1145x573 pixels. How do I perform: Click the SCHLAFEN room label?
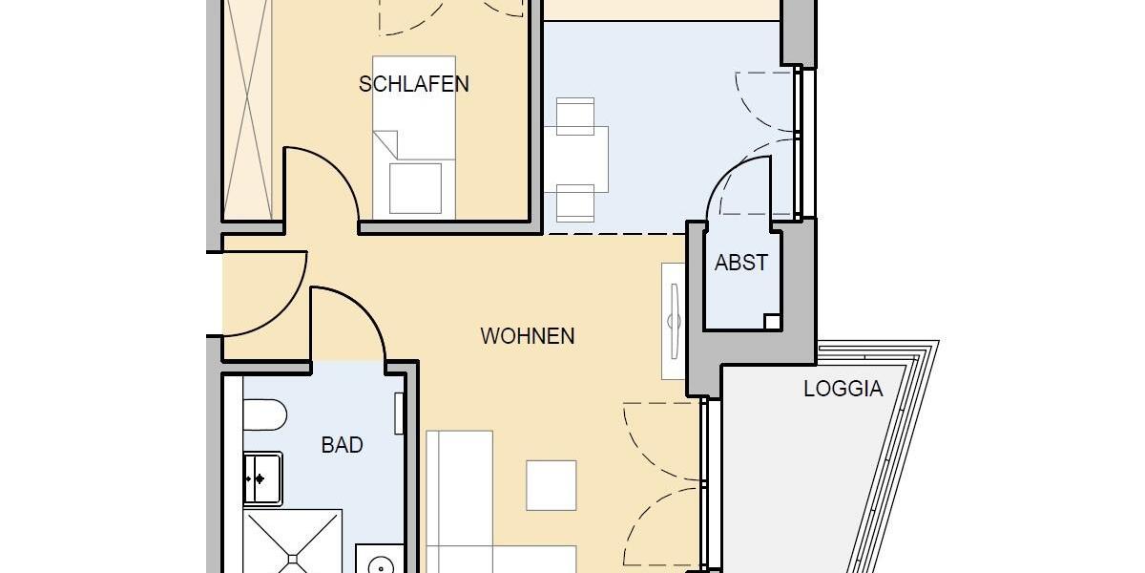click(413, 84)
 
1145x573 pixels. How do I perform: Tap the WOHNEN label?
click(527, 336)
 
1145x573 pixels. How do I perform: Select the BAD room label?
click(342, 445)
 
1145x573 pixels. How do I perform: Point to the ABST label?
click(740, 263)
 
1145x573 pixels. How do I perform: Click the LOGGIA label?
click(843, 390)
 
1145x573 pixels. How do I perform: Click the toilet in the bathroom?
click(264, 414)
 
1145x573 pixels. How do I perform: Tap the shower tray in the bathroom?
click(290, 542)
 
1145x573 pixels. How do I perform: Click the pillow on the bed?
click(415, 187)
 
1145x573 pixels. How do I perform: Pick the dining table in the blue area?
click(575, 159)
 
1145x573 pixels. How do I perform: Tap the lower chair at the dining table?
click(575, 202)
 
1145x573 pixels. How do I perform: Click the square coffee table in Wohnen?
click(552, 485)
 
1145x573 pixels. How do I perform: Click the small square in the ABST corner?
click(772, 322)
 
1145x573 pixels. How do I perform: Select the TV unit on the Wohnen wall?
click(674, 320)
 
